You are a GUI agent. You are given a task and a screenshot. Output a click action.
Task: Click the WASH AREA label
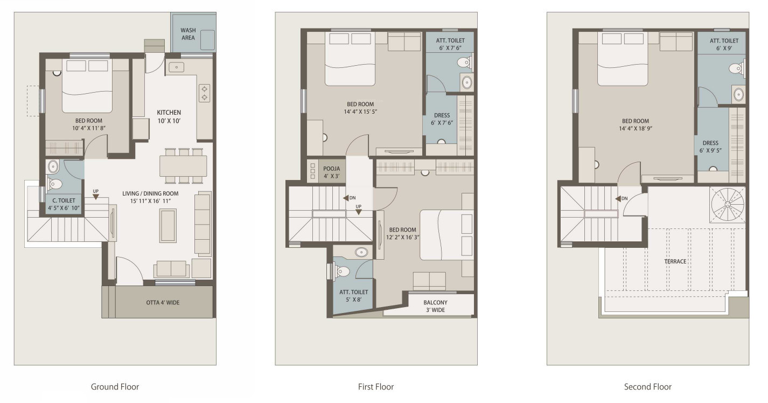[x=188, y=34]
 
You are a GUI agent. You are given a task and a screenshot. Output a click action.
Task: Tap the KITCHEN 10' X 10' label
[x=169, y=116]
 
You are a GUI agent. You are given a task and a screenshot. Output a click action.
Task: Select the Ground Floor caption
[x=115, y=387]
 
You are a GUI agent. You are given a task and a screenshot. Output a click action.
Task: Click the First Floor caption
[x=376, y=387]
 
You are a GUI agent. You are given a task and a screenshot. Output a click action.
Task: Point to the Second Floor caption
[x=648, y=387]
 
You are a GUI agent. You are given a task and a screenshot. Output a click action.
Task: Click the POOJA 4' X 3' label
[x=332, y=172]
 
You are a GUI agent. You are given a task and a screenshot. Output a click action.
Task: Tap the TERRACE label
[x=675, y=261]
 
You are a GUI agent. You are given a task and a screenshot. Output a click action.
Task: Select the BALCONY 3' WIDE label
[x=435, y=306]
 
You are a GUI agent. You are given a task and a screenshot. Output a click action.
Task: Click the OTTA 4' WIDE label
[x=163, y=302]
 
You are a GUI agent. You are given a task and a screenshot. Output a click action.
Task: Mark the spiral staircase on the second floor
[x=728, y=205]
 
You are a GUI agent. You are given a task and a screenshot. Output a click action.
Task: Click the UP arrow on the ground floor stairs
[x=96, y=197]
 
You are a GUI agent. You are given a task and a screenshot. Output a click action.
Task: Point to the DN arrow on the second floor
[x=618, y=199]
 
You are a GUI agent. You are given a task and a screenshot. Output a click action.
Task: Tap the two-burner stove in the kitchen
[x=204, y=93]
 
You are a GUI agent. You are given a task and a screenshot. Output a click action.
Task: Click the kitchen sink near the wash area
[x=176, y=67]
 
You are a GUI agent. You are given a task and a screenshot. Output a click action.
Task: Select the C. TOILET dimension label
[x=64, y=208]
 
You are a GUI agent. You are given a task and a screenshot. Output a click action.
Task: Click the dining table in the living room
[x=183, y=166]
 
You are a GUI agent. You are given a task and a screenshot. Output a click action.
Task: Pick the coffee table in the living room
[x=168, y=225]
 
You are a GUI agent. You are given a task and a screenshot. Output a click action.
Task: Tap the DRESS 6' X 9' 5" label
[x=710, y=147]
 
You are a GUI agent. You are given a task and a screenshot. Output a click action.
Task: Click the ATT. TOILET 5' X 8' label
[x=353, y=296]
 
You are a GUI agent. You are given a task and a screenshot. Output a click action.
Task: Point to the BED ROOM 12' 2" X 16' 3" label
[x=402, y=234]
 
